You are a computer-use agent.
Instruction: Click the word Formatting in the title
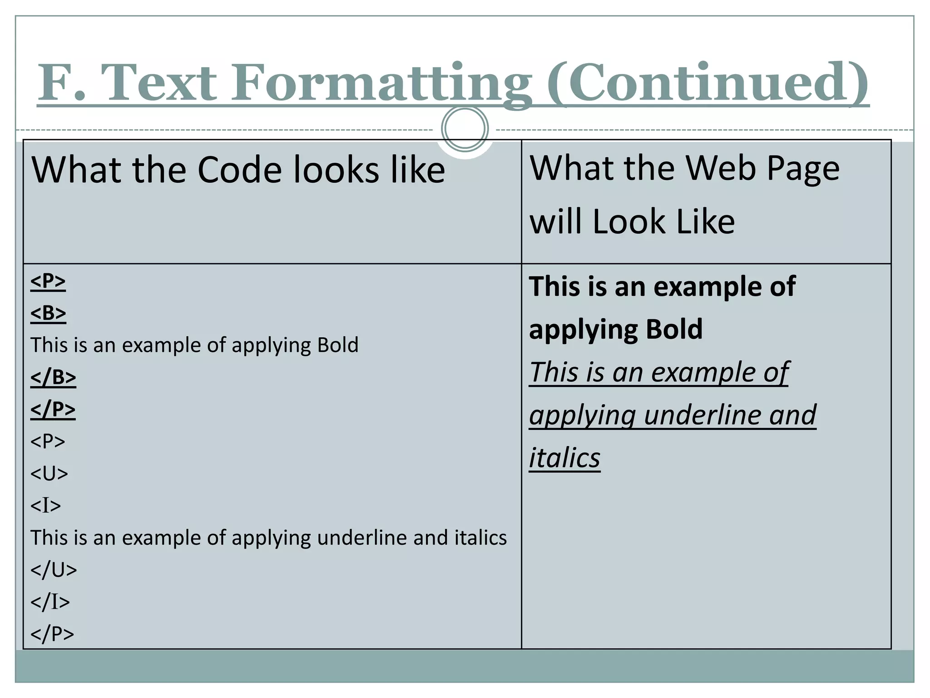click(x=381, y=83)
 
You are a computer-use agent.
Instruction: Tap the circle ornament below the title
click(x=465, y=129)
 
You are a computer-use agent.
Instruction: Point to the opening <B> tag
click(x=48, y=313)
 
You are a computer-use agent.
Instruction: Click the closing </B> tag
click(x=53, y=377)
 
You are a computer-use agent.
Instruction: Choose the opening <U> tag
click(x=49, y=474)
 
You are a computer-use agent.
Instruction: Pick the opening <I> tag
click(x=45, y=505)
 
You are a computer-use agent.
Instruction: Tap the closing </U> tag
click(x=54, y=570)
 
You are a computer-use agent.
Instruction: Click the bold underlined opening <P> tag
click(x=48, y=281)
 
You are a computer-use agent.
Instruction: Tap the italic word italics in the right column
click(x=564, y=458)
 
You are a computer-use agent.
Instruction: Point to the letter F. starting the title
click(x=61, y=83)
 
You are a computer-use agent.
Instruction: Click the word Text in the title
click(x=159, y=83)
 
